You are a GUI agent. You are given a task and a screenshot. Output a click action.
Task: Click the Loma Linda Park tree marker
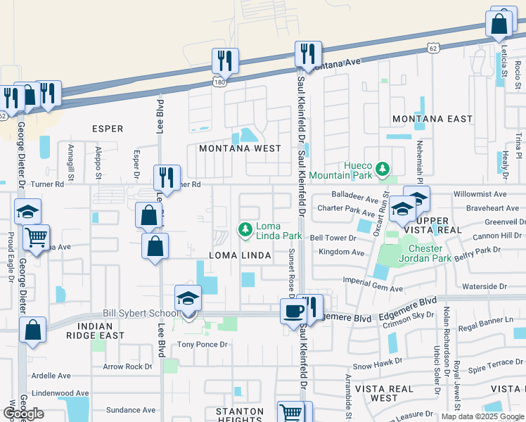point(245,229)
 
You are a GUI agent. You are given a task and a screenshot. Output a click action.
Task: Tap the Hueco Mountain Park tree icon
point(382,169)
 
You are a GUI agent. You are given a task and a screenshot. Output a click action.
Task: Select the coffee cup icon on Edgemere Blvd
point(293,309)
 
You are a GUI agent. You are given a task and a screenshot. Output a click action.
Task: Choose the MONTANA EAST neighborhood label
point(432,119)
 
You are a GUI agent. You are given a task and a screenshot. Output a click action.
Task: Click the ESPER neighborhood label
point(108,129)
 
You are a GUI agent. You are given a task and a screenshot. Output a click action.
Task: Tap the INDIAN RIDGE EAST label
point(95,331)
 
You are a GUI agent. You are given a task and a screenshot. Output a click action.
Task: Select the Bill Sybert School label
point(141,312)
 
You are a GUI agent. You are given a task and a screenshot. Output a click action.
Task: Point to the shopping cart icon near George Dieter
point(36,237)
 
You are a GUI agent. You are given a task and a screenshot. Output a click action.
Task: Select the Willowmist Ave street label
point(480,193)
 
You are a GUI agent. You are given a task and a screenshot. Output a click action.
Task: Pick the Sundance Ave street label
point(129,410)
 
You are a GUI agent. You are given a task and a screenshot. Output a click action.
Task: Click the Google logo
point(23,414)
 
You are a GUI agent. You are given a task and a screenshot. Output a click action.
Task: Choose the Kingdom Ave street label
point(342,252)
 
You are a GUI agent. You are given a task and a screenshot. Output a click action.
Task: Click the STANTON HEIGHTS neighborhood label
point(240,415)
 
